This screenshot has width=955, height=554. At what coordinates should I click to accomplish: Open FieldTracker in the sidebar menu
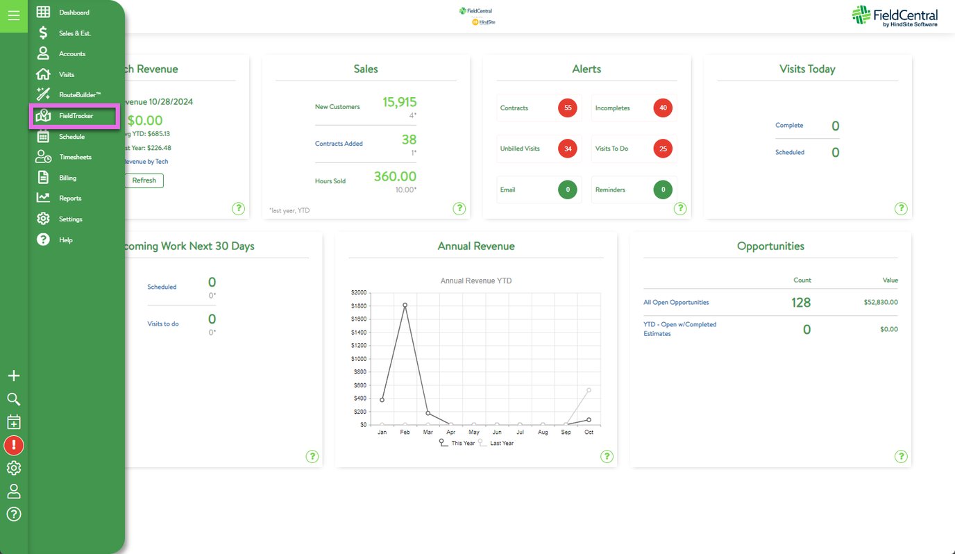point(75,116)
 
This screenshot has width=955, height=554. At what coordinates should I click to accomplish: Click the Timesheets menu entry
point(75,157)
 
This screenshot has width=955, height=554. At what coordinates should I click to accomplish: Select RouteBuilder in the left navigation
point(79,94)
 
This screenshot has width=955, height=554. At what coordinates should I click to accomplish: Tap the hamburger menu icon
point(13,15)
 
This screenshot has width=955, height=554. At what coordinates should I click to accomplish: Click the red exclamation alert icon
point(14,445)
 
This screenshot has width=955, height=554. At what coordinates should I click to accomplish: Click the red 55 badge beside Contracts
point(568,108)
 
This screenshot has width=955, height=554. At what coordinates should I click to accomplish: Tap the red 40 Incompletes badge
point(663,108)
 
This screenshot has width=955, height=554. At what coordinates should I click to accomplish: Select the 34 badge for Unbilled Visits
point(568,149)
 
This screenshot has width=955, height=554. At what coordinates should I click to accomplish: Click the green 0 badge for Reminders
point(663,190)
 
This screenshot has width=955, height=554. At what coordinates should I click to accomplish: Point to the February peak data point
point(405,305)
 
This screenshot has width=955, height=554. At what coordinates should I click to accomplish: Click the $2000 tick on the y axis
point(359,293)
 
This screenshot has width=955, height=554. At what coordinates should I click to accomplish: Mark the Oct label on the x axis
point(589,433)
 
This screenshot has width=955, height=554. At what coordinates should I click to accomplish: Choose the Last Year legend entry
point(501,443)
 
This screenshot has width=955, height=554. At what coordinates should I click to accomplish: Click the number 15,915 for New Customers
point(399,102)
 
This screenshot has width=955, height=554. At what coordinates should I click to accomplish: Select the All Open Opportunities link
point(676,303)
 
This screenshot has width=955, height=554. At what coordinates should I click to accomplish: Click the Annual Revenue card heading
point(476,246)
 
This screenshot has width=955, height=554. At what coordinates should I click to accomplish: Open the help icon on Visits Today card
point(901,208)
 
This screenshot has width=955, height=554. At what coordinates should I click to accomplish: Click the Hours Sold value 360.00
point(395,176)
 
